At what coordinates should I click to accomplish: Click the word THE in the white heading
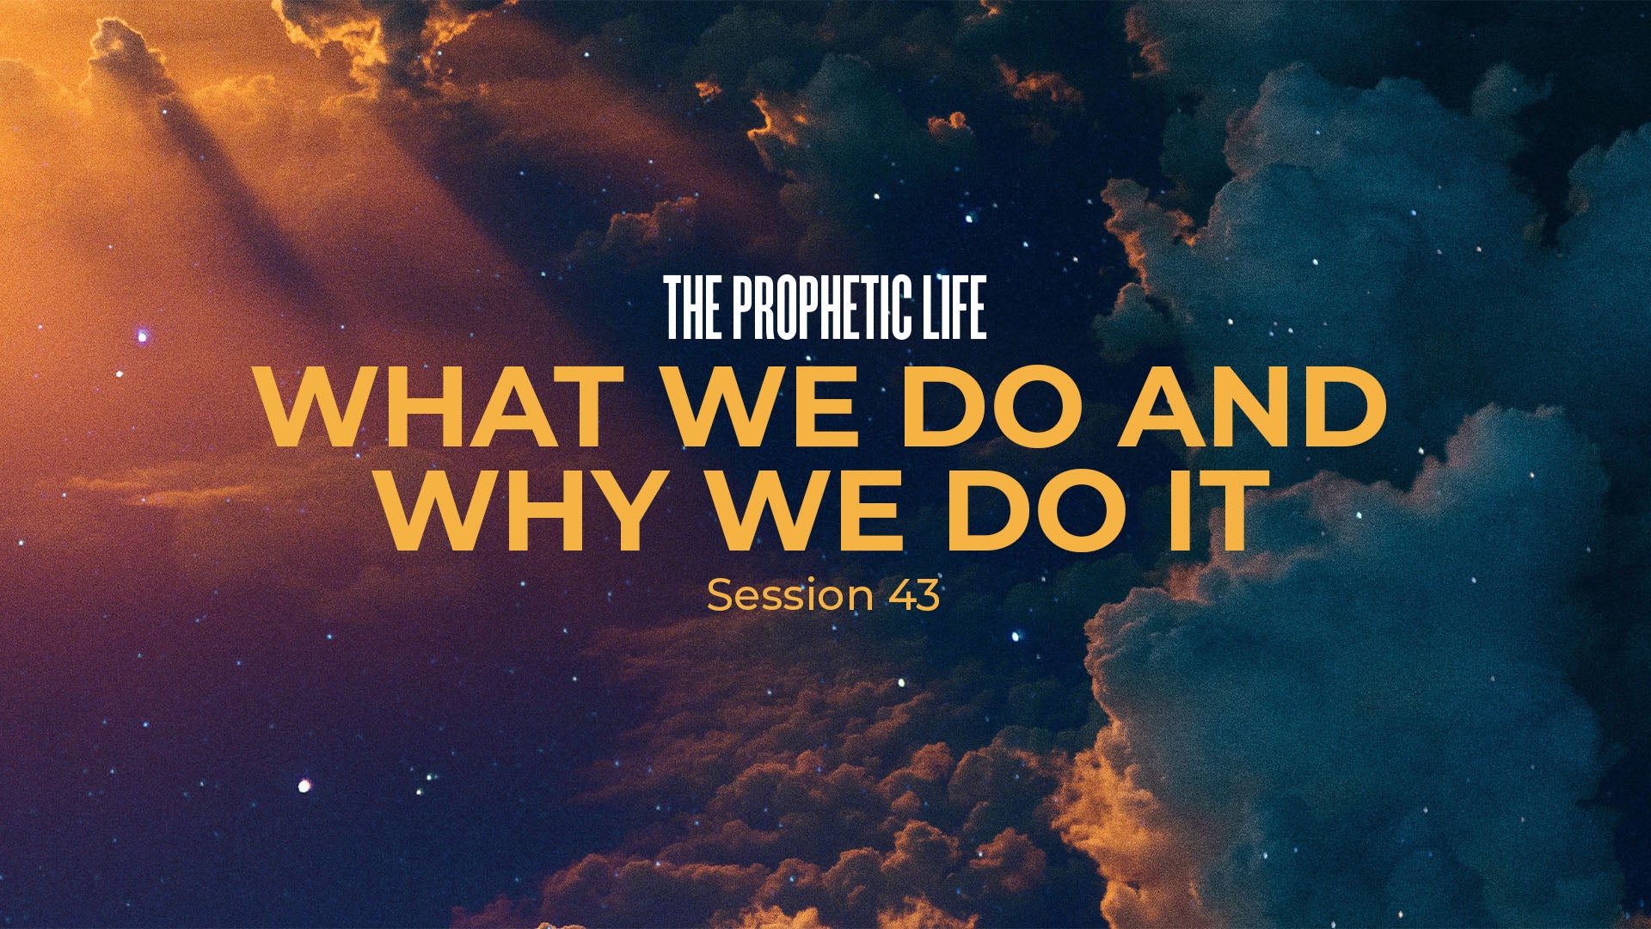pos(693,308)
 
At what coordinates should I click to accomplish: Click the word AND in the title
pos(1252,406)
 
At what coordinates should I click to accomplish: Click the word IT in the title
pos(1214,510)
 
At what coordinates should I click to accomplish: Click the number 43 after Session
pos(914,594)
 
